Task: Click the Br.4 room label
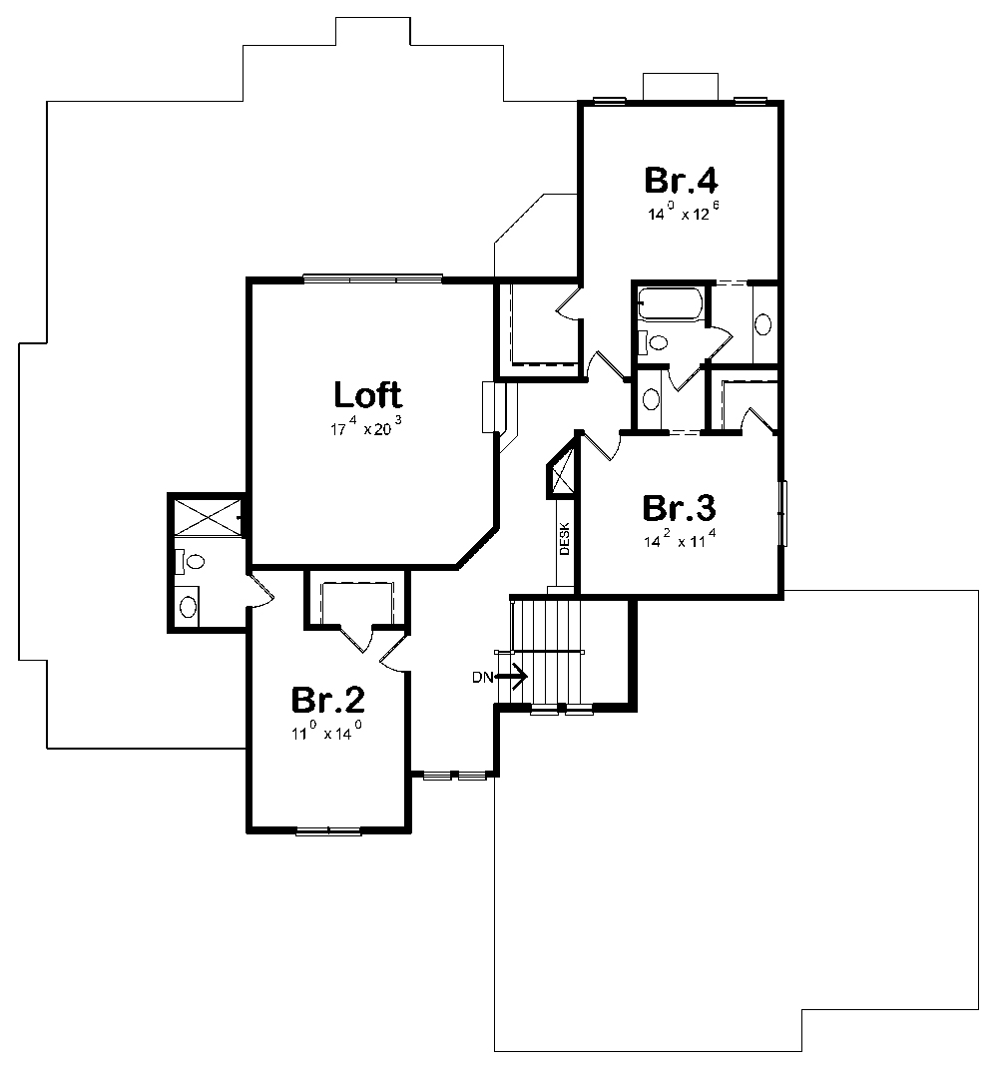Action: point(681,180)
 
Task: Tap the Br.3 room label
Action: point(679,508)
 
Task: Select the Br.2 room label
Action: point(328,700)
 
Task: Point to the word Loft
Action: point(368,394)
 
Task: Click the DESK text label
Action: point(565,539)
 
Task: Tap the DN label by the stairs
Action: point(483,678)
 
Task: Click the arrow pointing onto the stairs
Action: point(511,677)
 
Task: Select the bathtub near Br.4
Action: point(670,304)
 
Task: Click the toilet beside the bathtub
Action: point(653,341)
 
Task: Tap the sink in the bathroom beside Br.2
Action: point(188,606)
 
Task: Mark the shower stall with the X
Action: point(207,518)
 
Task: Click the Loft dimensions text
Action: point(366,427)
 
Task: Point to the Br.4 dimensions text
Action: point(684,212)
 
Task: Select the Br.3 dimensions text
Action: point(680,539)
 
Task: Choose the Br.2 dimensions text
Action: point(326,732)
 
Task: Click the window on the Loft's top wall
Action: point(372,278)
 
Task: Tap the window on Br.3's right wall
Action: point(783,513)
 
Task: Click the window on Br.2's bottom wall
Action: point(328,830)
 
